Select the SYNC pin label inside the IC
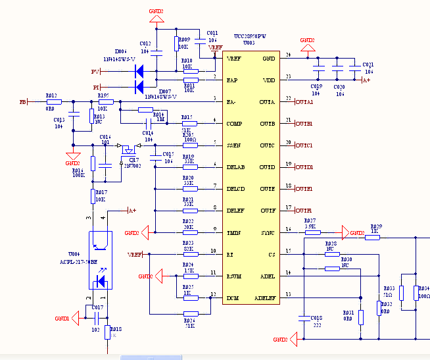(x=267, y=232)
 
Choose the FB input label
(x=23, y=102)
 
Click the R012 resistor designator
(x=51, y=95)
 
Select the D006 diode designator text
(x=122, y=51)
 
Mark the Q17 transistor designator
(x=133, y=159)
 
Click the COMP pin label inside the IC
(x=234, y=123)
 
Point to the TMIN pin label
(x=234, y=232)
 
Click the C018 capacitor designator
(x=316, y=318)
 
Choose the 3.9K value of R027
(x=310, y=226)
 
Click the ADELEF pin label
(x=264, y=297)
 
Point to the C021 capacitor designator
(x=368, y=64)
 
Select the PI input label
(x=96, y=87)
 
